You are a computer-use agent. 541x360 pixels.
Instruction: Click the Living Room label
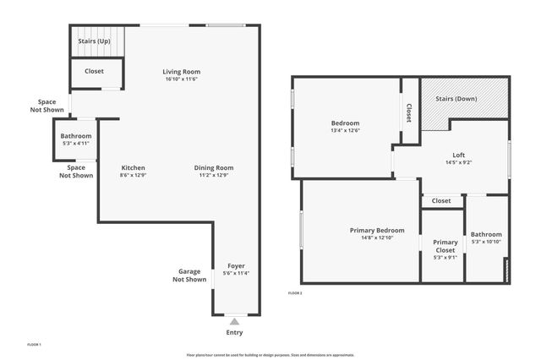point(182,72)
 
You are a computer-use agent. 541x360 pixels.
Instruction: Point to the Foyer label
point(236,265)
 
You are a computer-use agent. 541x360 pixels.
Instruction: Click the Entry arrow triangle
point(235,321)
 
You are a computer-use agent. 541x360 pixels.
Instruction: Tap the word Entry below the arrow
point(235,332)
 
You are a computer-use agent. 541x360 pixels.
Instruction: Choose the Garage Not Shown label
point(189,275)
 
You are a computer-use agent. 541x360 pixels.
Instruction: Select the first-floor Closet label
point(95,71)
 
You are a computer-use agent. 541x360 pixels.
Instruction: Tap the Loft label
point(458,155)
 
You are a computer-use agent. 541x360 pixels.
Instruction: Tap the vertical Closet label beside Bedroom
point(409,112)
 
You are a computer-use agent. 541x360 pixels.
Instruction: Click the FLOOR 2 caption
point(295,292)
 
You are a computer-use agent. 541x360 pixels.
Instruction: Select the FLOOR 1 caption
point(34,344)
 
